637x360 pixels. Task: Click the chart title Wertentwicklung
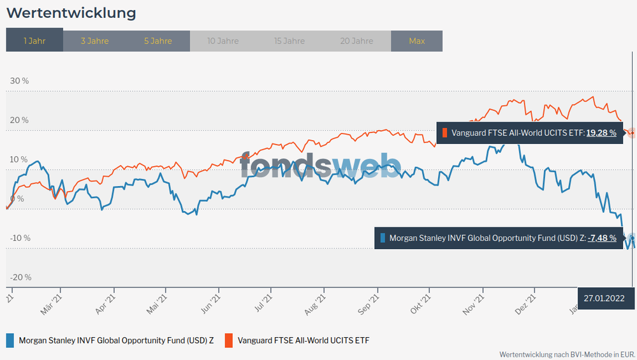click(x=71, y=13)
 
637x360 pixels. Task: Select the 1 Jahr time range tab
click(x=34, y=41)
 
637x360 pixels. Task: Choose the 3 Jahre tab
click(x=94, y=41)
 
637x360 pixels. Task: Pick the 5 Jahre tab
click(x=157, y=41)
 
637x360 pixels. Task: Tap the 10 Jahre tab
click(x=223, y=41)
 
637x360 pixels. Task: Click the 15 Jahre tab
click(x=289, y=41)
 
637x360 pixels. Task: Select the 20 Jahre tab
click(x=356, y=41)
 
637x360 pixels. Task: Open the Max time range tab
click(x=416, y=41)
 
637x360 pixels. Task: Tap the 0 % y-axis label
click(x=17, y=199)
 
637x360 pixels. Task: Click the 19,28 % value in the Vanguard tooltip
click(x=601, y=133)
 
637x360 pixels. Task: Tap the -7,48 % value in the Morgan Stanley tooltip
click(x=602, y=238)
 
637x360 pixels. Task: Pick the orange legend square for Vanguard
click(x=228, y=340)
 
